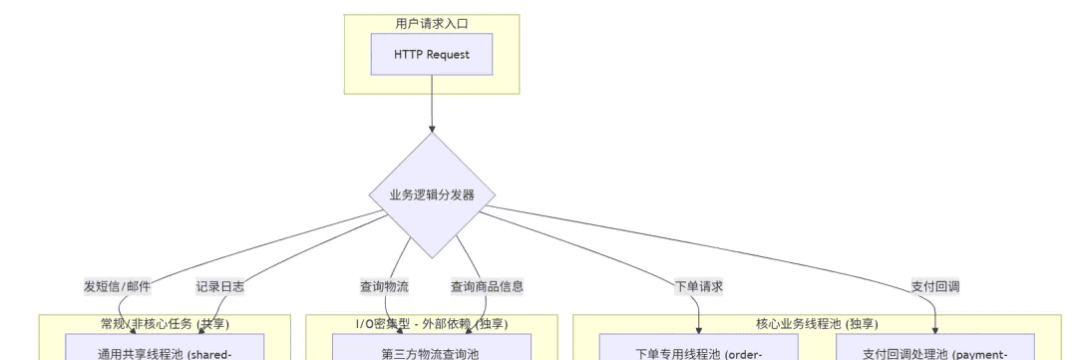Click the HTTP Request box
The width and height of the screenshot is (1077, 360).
(x=432, y=54)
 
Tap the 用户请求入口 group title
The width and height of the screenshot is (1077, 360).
(x=432, y=23)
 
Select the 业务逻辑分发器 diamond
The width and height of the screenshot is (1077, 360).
(x=432, y=194)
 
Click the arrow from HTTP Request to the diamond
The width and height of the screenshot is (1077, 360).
(x=432, y=104)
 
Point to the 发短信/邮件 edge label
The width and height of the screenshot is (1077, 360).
(x=118, y=286)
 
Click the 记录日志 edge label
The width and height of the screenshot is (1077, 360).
(x=220, y=286)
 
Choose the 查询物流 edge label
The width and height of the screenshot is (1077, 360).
(x=384, y=286)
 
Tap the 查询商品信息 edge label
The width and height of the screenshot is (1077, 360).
(x=487, y=286)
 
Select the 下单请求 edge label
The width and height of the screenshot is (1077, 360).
(x=698, y=286)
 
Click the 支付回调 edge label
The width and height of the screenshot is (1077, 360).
(x=935, y=286)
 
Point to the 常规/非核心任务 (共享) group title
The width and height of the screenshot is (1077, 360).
(x=165, y=323)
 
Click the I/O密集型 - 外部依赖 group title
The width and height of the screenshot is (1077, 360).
(x=432, y=323)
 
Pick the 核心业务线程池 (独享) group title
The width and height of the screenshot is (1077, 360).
(x=817, y=323)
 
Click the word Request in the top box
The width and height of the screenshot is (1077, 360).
(x=449, y=54)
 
